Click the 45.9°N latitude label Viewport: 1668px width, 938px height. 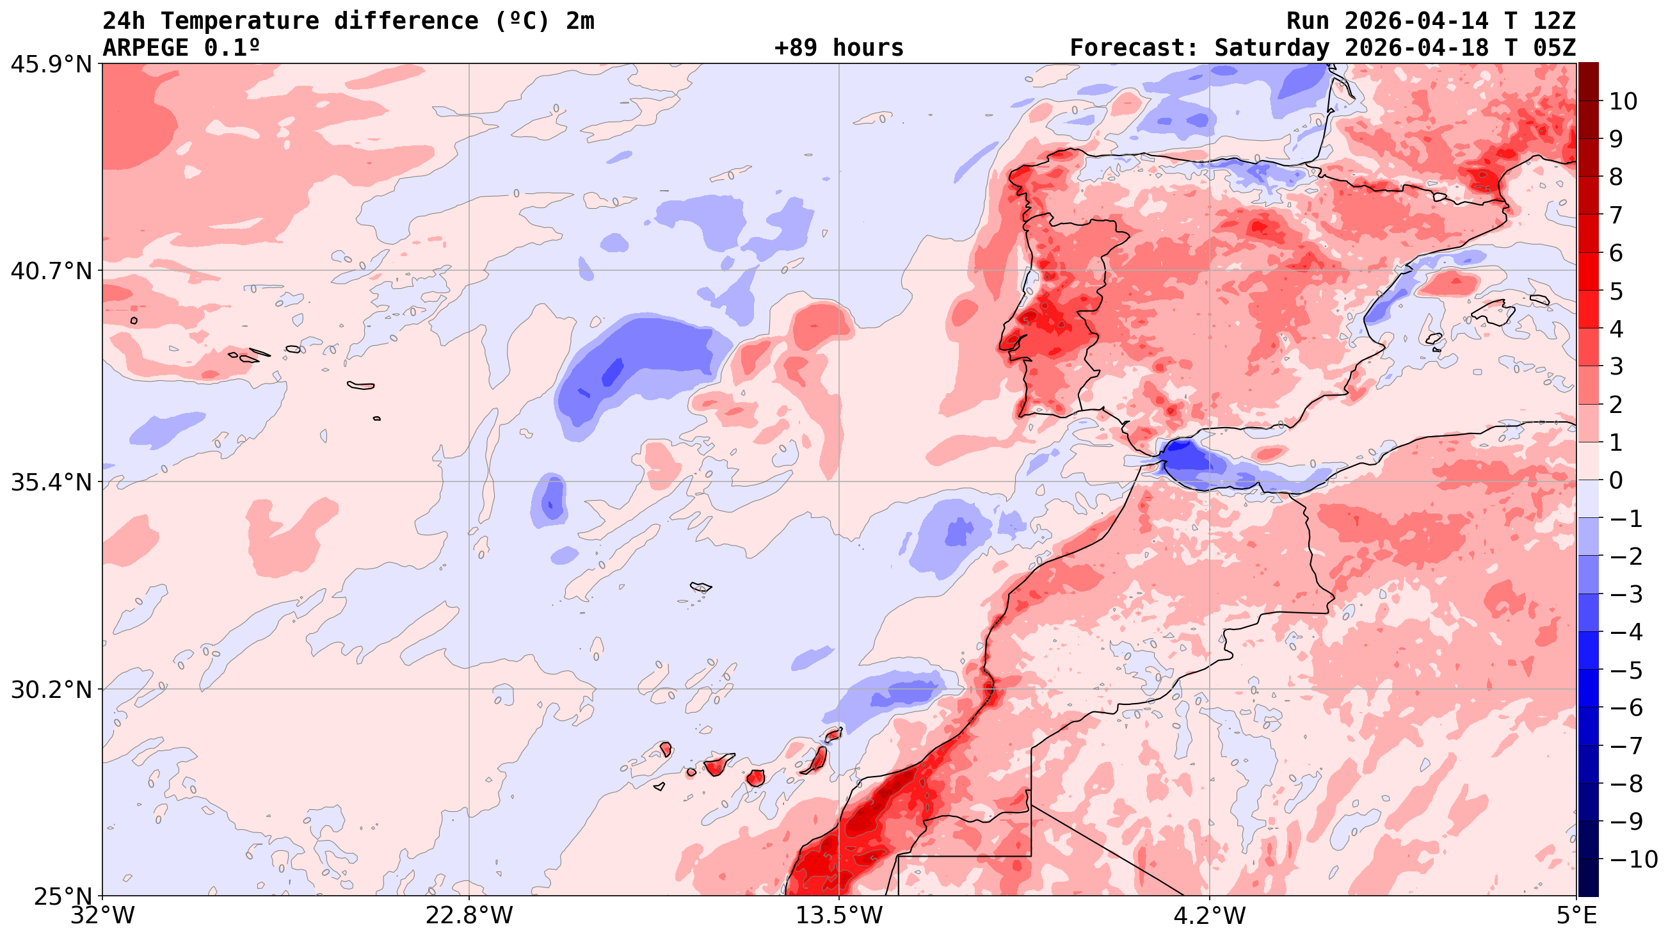coord(51,65)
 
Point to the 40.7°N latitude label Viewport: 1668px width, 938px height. coord(51,271)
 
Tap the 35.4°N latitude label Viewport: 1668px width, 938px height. coord(51,482)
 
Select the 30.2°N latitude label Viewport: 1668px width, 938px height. coord(51,690)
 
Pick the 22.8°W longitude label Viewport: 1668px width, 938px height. coord(469,916)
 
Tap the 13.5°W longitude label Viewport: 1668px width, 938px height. coord(839,916)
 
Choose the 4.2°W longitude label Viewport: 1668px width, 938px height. coord(1209,916)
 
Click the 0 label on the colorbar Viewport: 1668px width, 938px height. coord(1616,481)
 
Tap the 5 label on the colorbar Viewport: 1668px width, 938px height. coord(1616,291)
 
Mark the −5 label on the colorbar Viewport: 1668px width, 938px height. coord(1626,670)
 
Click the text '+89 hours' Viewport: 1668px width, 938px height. coord(838,48)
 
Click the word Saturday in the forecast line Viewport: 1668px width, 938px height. coord(1272,48)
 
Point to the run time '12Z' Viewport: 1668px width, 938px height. coord(1553,20)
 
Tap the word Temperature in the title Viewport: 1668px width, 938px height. coord(239,20)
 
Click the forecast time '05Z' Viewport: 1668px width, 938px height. coord(1553,48)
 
